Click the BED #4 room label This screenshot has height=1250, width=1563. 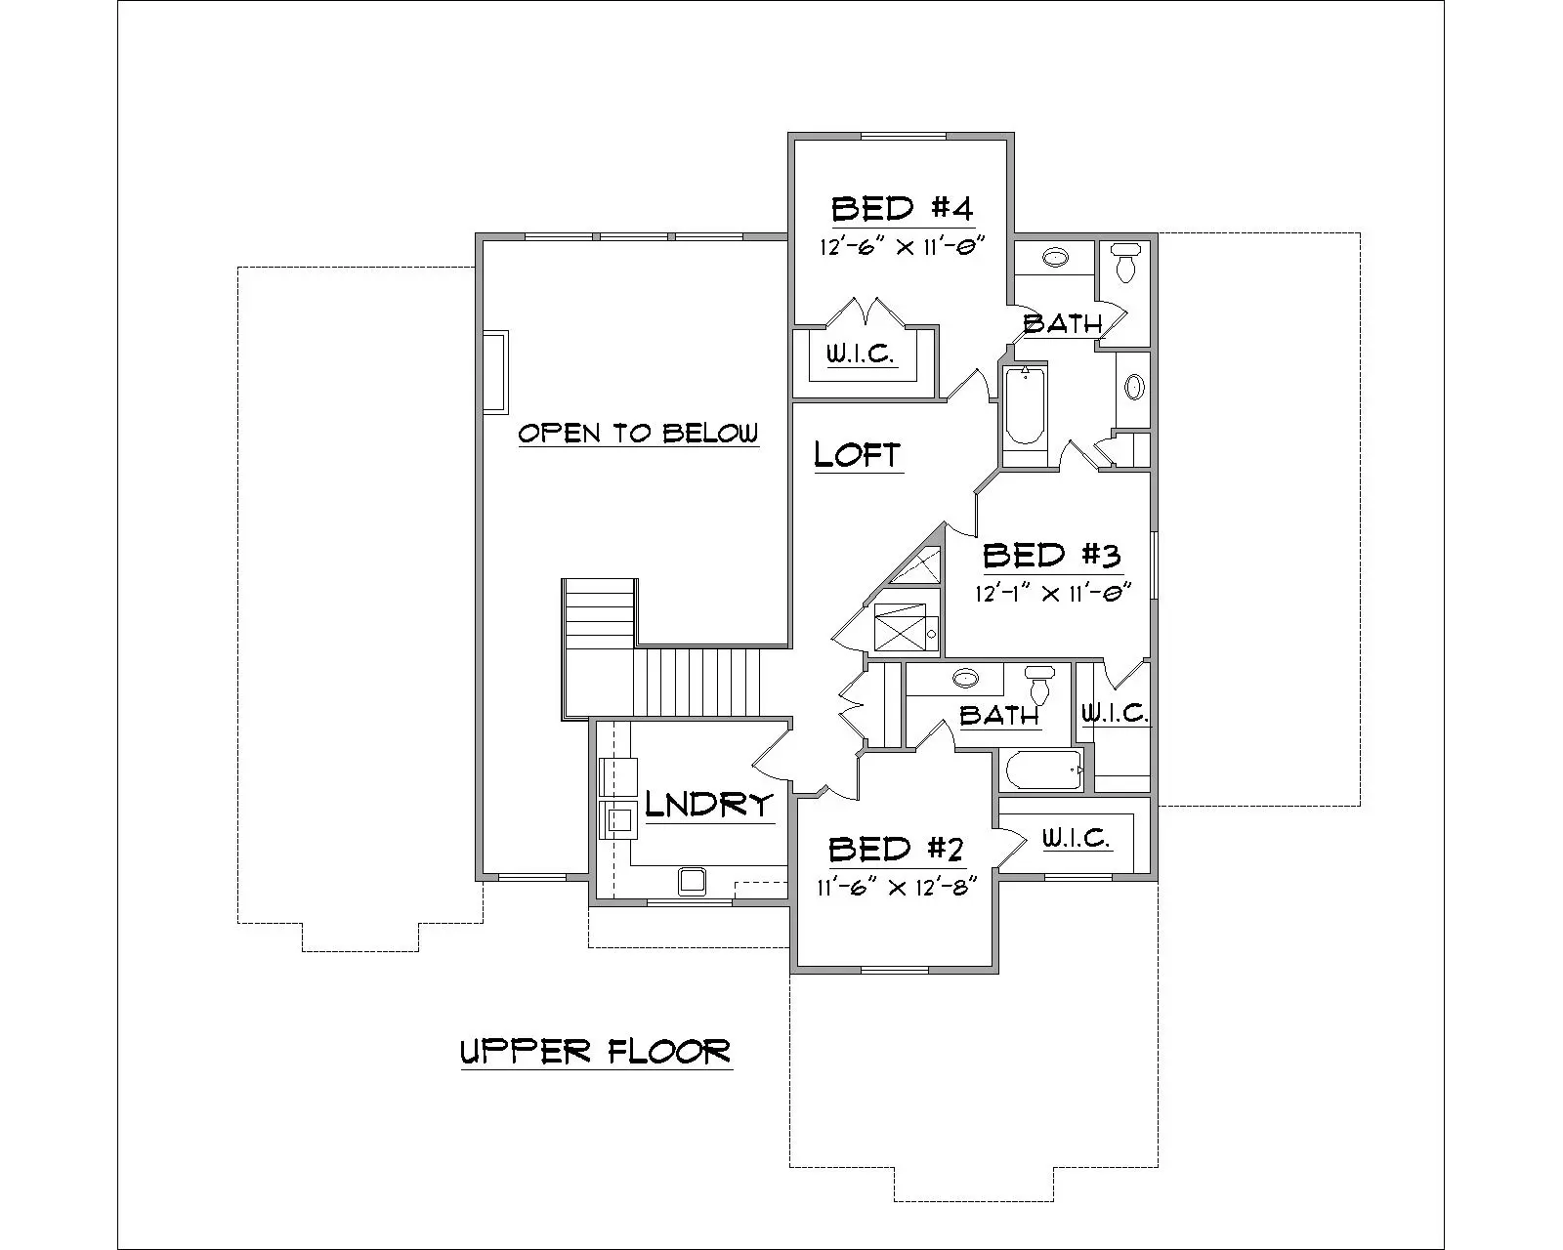coord(902,209)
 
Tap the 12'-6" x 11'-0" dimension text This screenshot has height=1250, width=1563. coord(900,246)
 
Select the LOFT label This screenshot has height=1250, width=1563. coord(857,454)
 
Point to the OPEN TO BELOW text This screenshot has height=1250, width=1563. coord(637,433)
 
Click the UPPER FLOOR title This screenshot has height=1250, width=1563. coord(596,1052)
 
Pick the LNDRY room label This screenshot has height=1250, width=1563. coord(709,805)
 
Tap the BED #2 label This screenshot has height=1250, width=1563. coord(897,850)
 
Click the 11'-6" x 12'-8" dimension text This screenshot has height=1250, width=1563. coord(897,888)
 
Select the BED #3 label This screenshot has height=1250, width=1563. coord(1051,556)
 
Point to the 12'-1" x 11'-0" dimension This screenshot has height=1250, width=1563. coord(1051,593)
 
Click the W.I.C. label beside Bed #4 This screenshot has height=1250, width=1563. coord(861,354)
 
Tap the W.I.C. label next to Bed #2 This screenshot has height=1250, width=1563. coord(1075,838)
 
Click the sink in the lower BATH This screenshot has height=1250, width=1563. coord(965,678)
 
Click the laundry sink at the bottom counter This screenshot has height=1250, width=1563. coord(694,880)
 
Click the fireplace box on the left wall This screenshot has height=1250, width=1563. coord(494,371)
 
